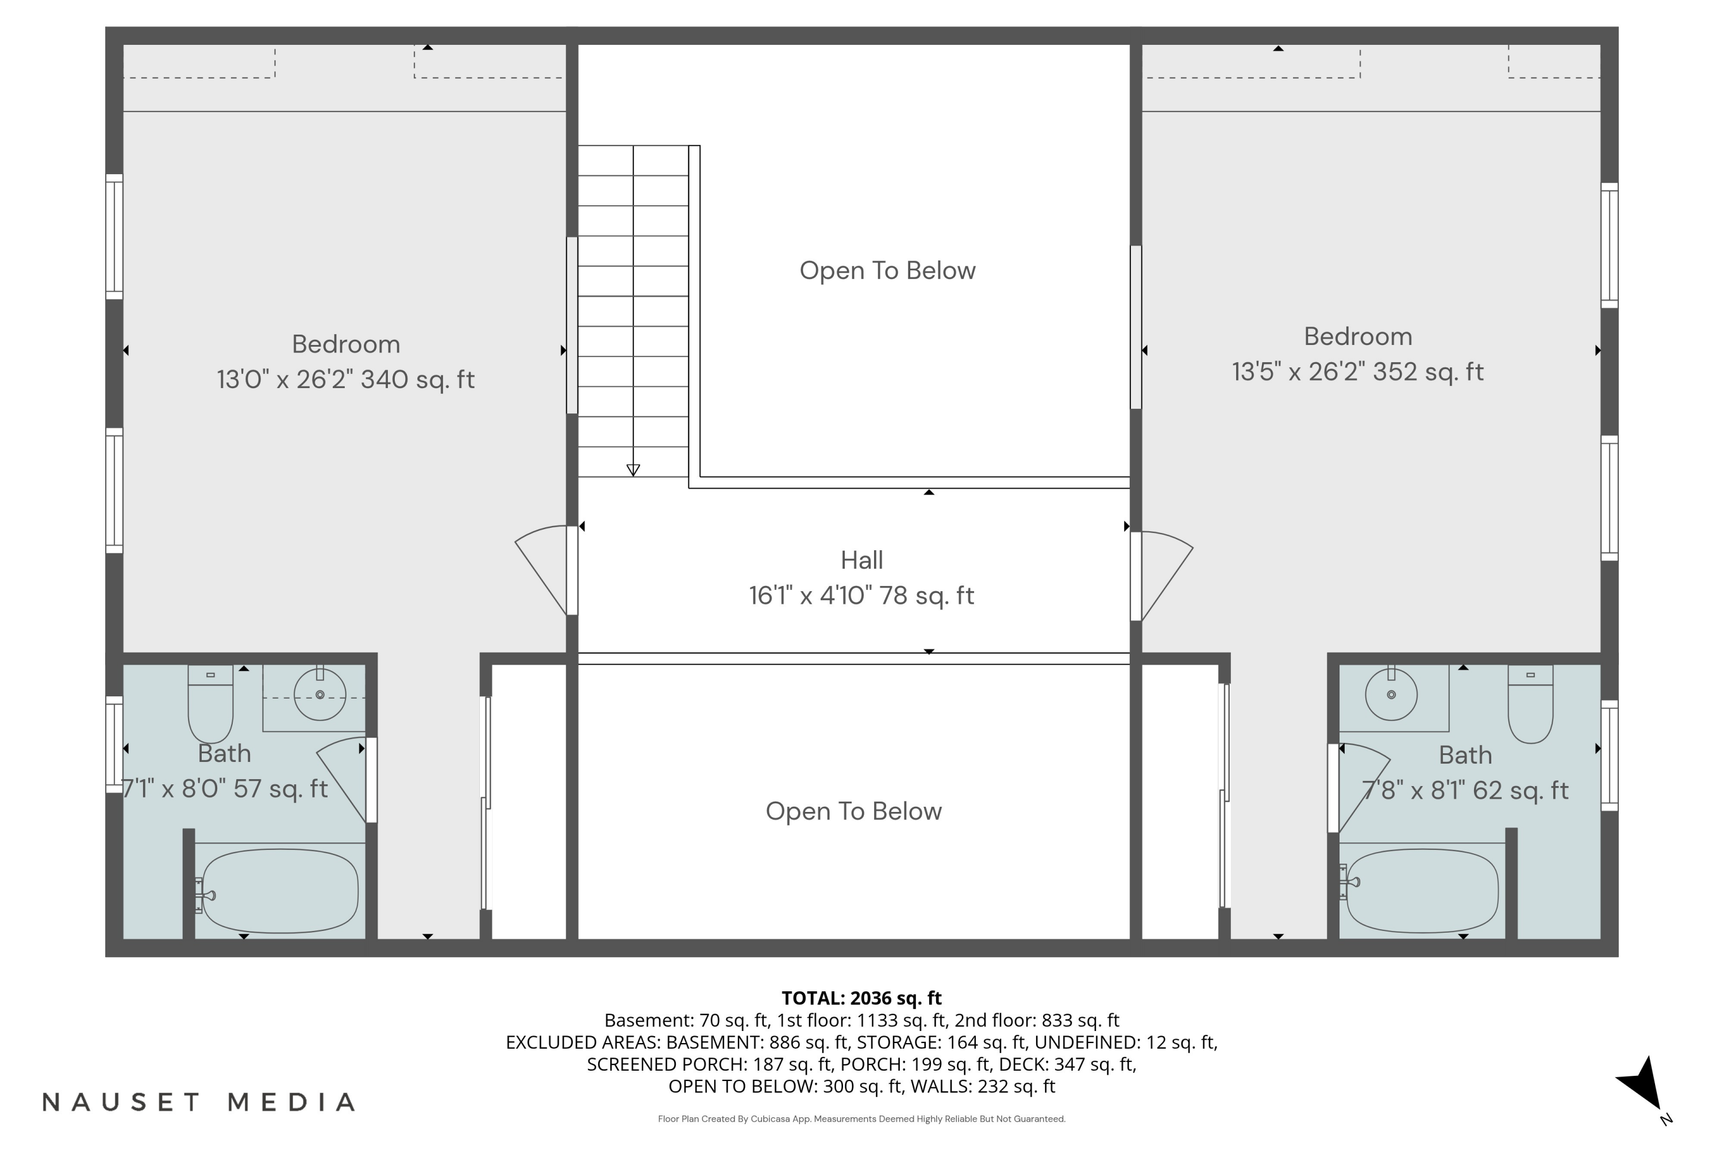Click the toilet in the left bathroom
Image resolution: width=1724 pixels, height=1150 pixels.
[210, 703]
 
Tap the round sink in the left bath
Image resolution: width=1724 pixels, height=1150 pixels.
[320, 694]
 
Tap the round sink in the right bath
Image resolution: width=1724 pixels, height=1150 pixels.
[1391, 694]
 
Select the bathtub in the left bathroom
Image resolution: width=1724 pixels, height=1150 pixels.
[279, 891]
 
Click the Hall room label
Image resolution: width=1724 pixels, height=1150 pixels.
[862, 560]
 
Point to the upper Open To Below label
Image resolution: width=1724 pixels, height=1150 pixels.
[888, 271]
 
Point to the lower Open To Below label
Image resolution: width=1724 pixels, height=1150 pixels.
[854, 811]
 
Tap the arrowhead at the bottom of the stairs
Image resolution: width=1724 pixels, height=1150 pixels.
[633, 470]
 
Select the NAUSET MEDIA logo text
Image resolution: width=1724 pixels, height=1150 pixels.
[199, 1102]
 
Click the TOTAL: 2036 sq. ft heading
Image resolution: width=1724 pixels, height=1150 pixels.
[861, 998]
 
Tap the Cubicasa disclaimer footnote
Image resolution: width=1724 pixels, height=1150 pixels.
[861, 1119]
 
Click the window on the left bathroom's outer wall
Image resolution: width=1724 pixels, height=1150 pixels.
[114, 745]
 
